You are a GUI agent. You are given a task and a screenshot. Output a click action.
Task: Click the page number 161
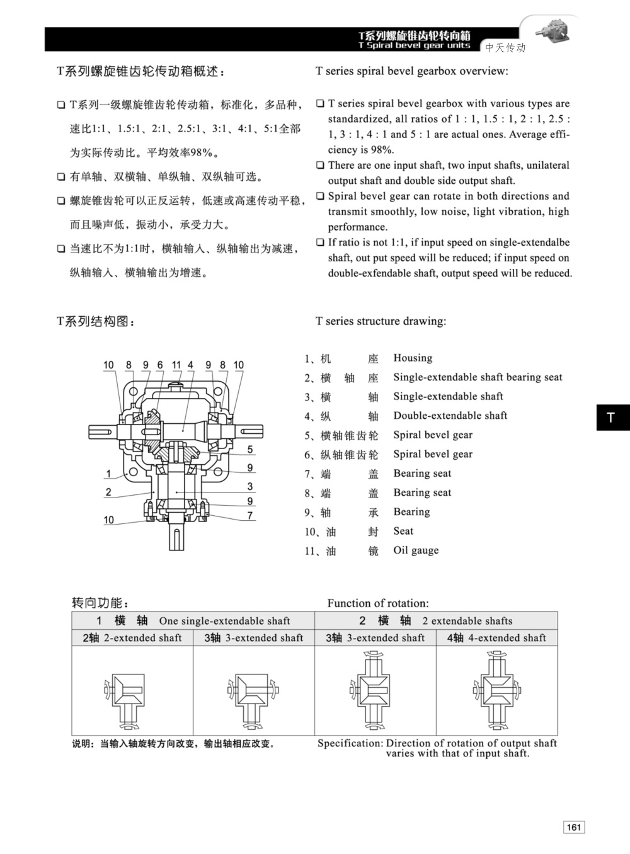573,827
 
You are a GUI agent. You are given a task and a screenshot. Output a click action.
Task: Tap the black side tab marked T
612,418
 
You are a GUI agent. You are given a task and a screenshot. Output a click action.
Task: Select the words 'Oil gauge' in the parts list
416,550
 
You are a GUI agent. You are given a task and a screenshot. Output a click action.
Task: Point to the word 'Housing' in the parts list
413,358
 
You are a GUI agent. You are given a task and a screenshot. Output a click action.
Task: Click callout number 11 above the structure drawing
176,365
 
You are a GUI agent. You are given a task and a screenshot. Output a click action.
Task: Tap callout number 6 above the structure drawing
160,365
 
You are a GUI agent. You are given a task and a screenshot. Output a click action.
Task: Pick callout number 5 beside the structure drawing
250,449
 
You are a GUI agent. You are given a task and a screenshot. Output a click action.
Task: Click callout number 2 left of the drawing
108,492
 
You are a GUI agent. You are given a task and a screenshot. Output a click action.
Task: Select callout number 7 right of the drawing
250,516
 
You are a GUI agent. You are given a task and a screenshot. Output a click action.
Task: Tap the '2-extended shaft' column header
132,638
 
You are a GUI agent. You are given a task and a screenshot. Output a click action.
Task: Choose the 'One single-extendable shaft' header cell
193,620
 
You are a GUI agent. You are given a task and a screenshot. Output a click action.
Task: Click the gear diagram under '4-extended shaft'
496,689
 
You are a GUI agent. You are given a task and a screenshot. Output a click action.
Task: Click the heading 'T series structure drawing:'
381,321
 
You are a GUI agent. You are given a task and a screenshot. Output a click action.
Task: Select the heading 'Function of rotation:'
378,603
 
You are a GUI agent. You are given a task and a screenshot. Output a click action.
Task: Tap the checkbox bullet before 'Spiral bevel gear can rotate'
320,196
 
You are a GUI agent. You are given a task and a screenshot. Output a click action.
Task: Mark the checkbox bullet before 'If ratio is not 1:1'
320,242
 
